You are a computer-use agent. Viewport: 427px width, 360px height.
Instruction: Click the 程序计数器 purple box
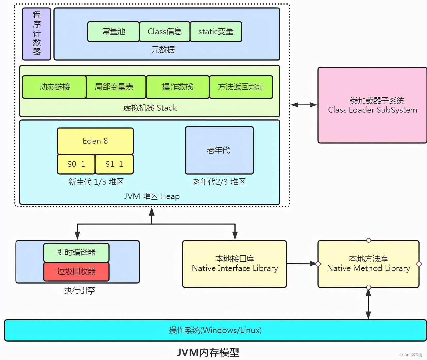point(37,34)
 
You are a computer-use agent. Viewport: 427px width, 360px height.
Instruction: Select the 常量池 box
point(113,32)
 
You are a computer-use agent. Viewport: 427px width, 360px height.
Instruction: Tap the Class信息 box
point(165,32)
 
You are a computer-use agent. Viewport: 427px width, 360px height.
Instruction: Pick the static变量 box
point(216,32)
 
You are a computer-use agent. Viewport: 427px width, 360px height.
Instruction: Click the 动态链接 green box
point(54,87)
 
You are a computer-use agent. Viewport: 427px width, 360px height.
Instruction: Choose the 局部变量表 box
point(114,87)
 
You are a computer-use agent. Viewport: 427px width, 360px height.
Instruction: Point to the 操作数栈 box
point(178,87)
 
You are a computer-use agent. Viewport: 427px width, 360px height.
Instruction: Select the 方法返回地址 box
point(241,87)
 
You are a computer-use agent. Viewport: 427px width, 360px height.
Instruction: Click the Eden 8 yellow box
point(95,141)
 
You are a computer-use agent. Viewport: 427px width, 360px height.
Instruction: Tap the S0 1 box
point(76,164)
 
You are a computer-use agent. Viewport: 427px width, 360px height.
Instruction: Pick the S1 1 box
point(114,164)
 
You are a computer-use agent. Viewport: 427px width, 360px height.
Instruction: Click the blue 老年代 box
point(219,150)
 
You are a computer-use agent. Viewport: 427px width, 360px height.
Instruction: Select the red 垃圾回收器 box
point(76,271)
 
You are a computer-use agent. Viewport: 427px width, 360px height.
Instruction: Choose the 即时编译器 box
point(76,253)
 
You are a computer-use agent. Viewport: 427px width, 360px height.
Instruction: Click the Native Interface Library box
point(235,264)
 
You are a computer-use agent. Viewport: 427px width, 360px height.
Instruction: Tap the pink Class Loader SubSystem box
point(372,105)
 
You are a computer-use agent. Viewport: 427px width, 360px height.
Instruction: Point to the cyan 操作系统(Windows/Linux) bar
point(215,330)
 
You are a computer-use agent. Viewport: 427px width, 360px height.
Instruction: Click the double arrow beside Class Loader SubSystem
point(304,105)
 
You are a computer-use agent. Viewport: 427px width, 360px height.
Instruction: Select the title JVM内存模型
point(208,352)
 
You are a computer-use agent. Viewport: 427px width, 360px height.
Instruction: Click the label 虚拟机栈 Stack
point(150,108)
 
